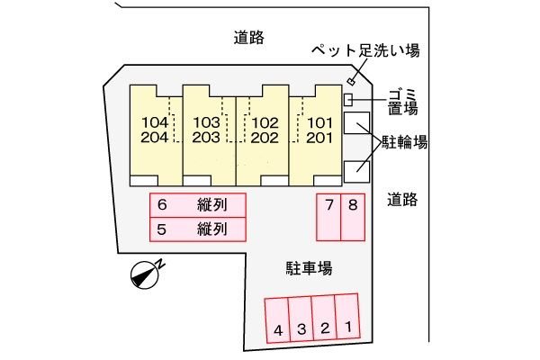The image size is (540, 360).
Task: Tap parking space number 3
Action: pos(301,320)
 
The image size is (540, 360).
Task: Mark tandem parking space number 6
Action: pos(198,205)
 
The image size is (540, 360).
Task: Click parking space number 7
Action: pos(329,217)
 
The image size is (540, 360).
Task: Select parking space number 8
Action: pos(353,217)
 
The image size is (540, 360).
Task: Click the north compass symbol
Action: pos(145,274)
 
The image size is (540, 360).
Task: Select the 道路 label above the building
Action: pos(248,37)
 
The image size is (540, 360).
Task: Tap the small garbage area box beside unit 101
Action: pos(348,98)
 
